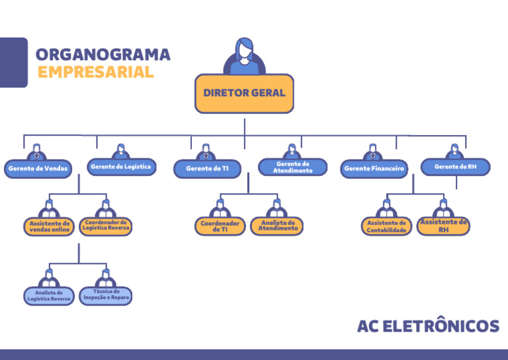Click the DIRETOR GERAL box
244,93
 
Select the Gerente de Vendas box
38,169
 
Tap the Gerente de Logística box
121,167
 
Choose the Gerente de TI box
207,169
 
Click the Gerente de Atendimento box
292,167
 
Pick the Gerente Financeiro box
374,169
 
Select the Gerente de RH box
455,167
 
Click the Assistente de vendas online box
49,227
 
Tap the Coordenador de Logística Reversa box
105,226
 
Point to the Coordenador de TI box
220,226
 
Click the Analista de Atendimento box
278,226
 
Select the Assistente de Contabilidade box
386,227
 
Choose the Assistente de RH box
443,226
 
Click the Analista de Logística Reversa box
49,295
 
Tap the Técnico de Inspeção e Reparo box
106,295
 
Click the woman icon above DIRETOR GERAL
244,56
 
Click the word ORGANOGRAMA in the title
103,54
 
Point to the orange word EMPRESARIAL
95,72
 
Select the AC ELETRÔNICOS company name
428,326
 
